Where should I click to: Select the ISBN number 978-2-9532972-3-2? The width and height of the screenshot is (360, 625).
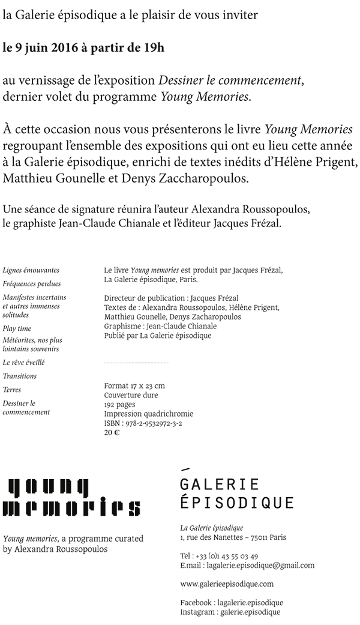pos(143,423)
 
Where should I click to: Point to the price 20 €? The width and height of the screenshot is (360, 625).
pos(112,433)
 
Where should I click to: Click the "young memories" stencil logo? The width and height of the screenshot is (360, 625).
pos(72,497)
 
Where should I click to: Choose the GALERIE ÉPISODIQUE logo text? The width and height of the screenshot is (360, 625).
pos(237,493)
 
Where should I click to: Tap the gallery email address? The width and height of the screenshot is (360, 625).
pos(247,566)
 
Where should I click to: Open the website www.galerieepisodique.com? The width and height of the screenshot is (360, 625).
pos(227,584)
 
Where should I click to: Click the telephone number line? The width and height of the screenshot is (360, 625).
pos(219,556)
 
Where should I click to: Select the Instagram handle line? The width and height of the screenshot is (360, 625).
pos(230,612)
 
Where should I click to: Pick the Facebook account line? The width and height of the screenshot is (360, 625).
pos(232,602)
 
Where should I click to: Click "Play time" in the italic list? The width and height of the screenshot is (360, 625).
pos(17,328)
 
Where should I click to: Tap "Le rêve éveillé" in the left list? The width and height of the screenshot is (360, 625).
pos(23,363)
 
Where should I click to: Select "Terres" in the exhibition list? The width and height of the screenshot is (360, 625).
pos(12,390)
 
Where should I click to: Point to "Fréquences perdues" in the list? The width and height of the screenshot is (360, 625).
pos(31,283)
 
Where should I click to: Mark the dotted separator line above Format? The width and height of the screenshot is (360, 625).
pos(136,363)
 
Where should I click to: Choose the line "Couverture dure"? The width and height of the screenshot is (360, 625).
pos(131,395)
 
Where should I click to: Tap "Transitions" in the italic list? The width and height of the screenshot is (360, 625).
pos(20,376)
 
